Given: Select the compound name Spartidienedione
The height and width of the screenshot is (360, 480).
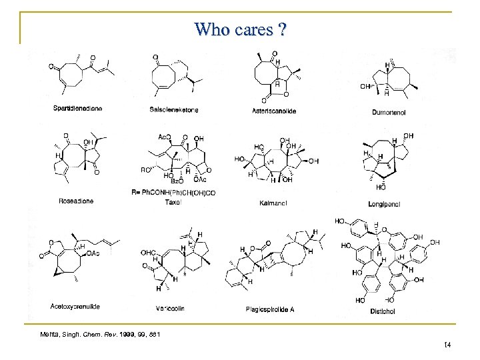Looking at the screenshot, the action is [78, 109].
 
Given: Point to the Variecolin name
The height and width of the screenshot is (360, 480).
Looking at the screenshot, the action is [171, 308].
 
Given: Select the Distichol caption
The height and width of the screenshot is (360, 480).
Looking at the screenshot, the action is [383, 311].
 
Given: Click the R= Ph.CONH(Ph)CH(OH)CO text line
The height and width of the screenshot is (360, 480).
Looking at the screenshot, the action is [178, 192].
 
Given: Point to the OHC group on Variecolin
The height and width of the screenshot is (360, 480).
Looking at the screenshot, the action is [148, 253].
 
